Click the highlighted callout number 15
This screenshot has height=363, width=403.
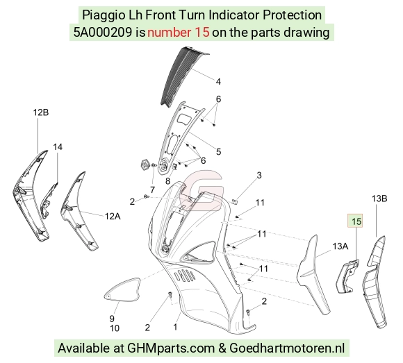point(356,221)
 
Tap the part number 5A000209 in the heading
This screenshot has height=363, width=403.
point(103,33)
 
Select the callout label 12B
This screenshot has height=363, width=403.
point(41,112)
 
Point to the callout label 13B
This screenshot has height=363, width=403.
point(379,199)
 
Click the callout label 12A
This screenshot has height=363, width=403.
point(113,217)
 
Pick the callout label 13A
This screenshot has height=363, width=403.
point(340,246)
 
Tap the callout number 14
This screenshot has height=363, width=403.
point(58,147)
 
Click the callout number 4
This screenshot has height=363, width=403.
point(218,82)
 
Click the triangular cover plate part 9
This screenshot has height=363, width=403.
point(122,289)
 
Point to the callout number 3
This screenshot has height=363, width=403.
point(259,176)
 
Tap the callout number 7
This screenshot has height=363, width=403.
point(152,190)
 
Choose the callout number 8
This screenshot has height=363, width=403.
point(168,181)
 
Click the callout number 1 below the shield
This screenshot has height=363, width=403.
point(175,327)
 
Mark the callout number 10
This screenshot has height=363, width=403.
point(115,328)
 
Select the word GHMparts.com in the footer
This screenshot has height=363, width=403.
point(171,348)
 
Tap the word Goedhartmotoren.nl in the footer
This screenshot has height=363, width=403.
point(287,348)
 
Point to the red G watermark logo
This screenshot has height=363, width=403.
point(203,189)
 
